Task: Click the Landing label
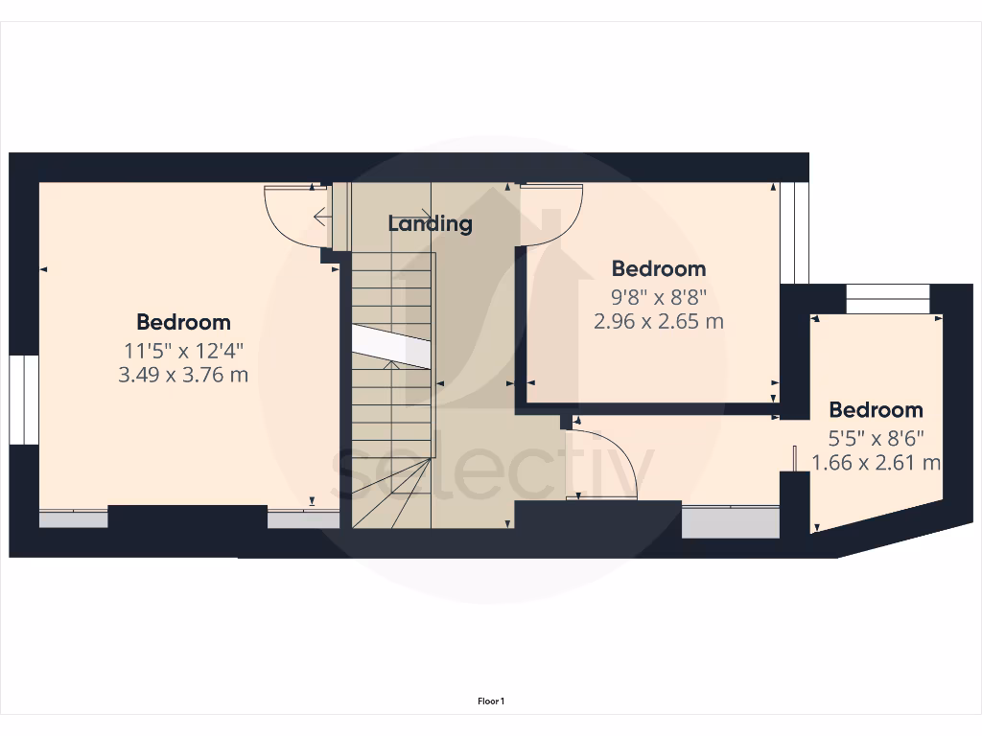[x=430, y=223]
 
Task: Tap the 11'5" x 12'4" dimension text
[x=183, y=350]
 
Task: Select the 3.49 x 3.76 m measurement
[x=183, y=375]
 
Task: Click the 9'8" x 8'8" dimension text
[x=658, y=297]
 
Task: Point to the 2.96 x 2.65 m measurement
[x=658, y=321]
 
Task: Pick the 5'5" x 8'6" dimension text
[x=876, y=439]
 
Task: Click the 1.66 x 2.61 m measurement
[x=876, y=463]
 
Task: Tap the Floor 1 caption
[x=491, y=701]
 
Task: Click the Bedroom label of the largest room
[x=183, y=322]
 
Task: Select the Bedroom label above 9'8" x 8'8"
[x=658, y=268]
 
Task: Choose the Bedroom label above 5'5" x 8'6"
[x=876, y=410]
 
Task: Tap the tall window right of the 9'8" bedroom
[x=794, y=233]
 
